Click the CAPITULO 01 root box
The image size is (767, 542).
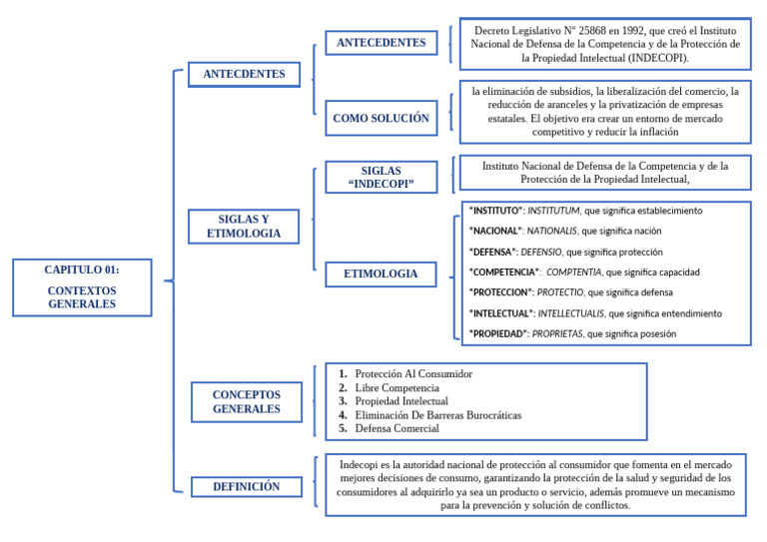pyautogui.click(x=82, y=286)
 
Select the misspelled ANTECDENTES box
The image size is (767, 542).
pyautogui.click(x=244, y=74)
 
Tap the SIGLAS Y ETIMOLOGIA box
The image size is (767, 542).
pyautogui.click(x=244, y=227)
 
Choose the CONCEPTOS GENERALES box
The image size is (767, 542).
pyautogui.click(x=246, y=401)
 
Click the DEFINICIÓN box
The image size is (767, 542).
pyautogui.click(x=246, y=487)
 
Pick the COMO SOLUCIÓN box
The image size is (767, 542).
pyautogui.click(x=381, y=118)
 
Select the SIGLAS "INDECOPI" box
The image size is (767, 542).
pyautogui.click(x=381, y=178)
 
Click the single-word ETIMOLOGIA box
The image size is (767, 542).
pyautogui.click(x=381, y=273)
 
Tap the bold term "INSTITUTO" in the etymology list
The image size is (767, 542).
pyautogui.click(x=496, y=211)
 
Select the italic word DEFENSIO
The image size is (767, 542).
pyautogui.click(x=540, y=253)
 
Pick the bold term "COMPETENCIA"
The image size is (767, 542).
pyautogui.click(x=504, y=272)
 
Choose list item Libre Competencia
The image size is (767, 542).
pyautogui.click(x=397, y=387)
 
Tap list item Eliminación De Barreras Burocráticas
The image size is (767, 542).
pyautogui.click(x=437, y=415)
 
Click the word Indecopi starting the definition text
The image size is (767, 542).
pyautogui.click(x=361, y=465)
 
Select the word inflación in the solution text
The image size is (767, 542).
pyautogui.click(x=657, y=132)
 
